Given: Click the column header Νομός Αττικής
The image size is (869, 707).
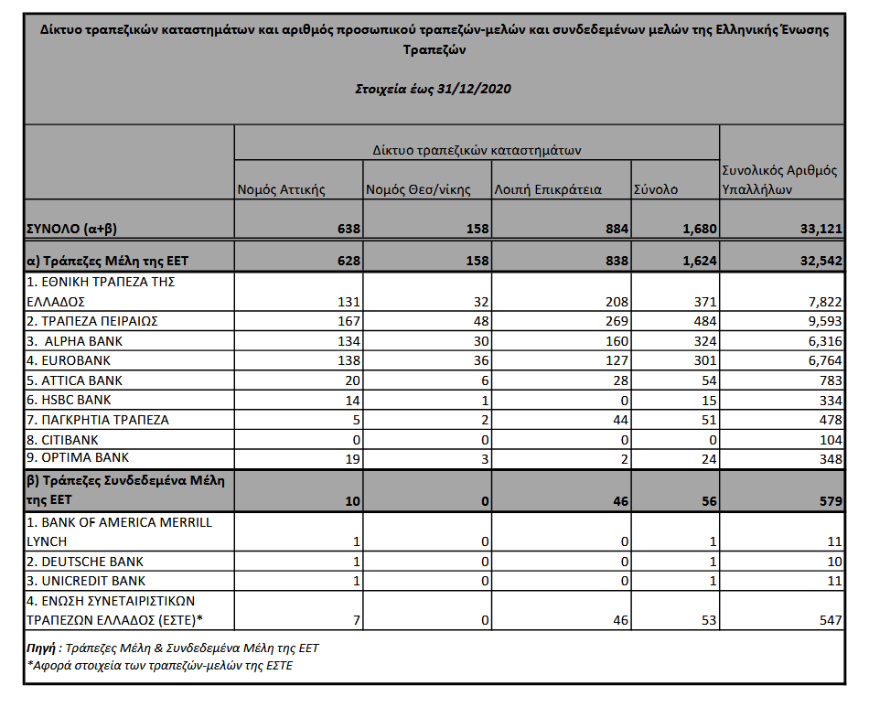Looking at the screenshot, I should point(281,190).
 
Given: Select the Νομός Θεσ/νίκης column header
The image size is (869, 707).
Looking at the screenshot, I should point(418,190).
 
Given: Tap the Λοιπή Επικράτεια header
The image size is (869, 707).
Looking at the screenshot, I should point(547,190).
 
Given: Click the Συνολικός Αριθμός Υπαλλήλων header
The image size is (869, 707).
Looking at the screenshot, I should point(779,180).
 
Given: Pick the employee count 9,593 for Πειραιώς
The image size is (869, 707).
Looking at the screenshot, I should point(822,322).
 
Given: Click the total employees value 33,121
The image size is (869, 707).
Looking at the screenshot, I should point(820,229).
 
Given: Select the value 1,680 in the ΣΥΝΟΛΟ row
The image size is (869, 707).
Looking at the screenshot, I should point(697,229).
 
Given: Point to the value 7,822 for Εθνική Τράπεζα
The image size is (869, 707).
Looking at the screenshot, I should point(822,302).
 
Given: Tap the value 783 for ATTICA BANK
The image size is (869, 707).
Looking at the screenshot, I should point(829,380).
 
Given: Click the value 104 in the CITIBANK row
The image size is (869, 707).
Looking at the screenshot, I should point(829,439).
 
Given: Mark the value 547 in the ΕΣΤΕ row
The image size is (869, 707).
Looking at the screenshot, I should point(829,620).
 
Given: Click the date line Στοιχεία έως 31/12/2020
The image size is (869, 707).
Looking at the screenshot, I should point(432,90).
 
